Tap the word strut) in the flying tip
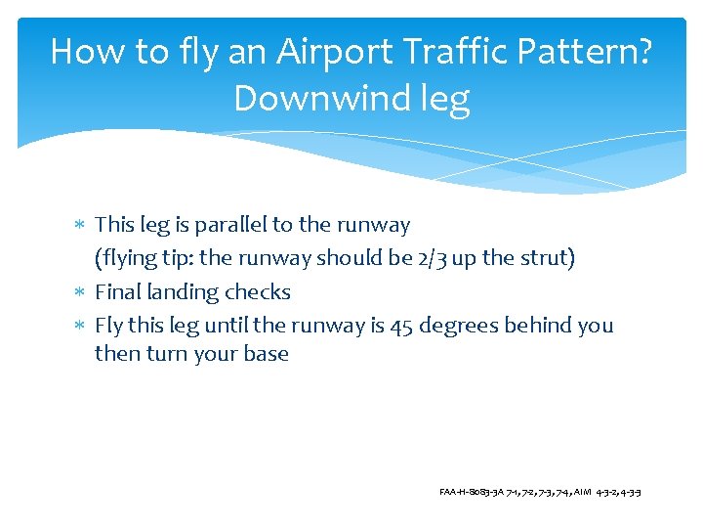(x=548, y=258)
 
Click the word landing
(x=182, y=292)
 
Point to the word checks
(x=258, y=292)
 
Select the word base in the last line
(x=266, y=353)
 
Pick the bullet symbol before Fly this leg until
(x=80, y=326)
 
